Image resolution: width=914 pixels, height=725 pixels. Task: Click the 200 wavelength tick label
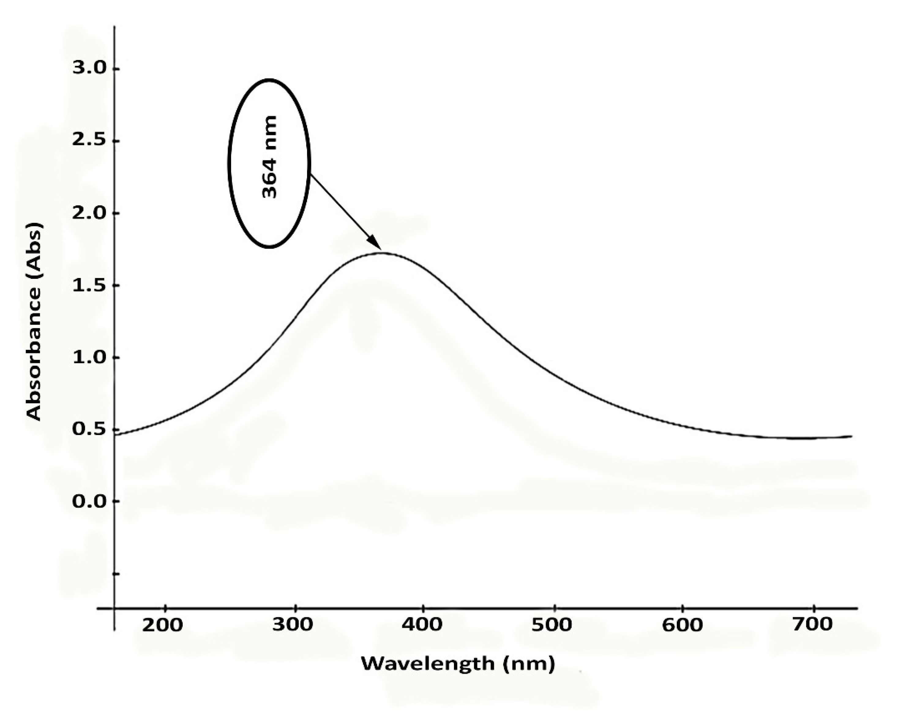162,625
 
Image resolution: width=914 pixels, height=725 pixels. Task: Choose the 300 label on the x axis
293,625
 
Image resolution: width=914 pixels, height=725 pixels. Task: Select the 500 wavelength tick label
552,625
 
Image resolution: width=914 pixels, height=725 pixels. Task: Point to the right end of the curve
851,436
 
